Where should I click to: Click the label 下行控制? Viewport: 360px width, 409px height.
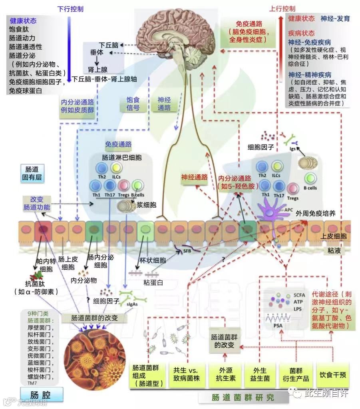click(71, 8)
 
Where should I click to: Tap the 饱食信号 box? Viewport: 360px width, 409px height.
click(130, 104)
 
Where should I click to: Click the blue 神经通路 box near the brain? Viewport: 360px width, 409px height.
click(164, 104)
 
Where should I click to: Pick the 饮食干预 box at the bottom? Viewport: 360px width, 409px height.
click(332, 375)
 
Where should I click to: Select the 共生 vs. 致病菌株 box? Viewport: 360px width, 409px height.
click(186, 374)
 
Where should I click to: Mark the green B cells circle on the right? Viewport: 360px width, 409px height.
click(311, 179)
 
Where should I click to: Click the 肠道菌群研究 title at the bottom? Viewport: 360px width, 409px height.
click(243, 398)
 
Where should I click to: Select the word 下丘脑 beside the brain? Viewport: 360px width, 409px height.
click(109, 45)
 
